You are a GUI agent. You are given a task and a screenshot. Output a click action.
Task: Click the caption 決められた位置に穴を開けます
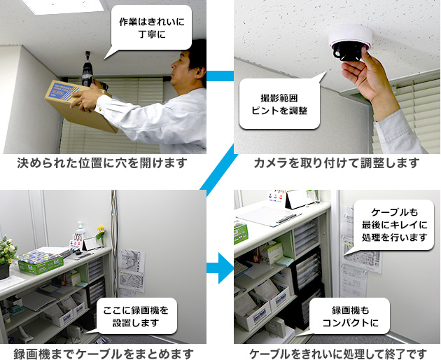click(103, 164)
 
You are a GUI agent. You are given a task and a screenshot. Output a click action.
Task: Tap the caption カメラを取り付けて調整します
click(337, 164)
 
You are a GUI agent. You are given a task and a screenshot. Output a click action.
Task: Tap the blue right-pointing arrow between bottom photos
click(222, 267)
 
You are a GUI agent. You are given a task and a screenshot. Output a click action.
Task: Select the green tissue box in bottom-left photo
click(40, 263)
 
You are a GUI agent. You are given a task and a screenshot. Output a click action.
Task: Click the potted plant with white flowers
click(7, 253)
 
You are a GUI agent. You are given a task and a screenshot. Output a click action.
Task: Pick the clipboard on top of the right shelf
click(268, 215)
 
